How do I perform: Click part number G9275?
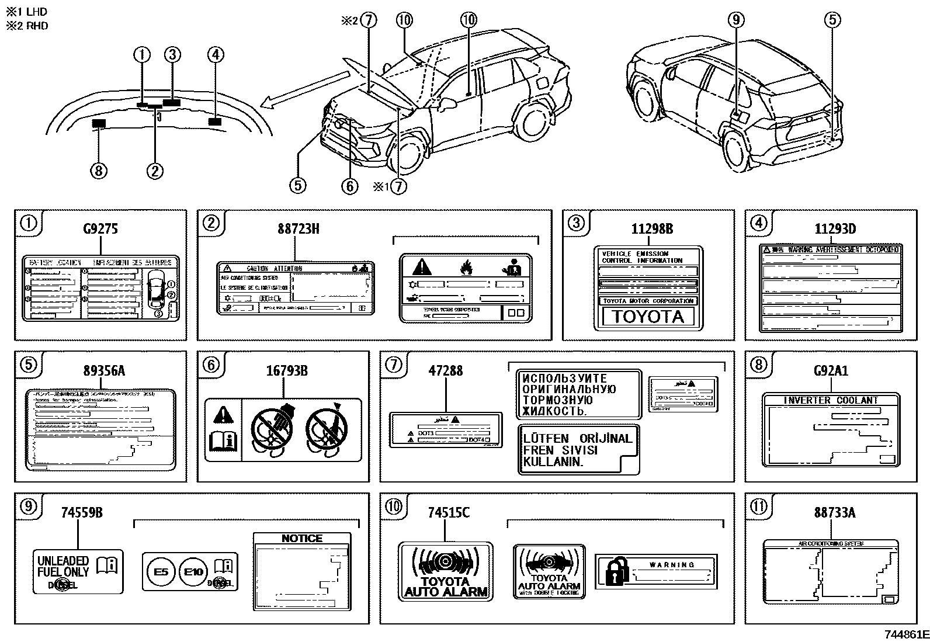pos(100,228)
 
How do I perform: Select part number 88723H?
pos(298,228)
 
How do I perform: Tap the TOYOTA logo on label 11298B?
pos(648,317)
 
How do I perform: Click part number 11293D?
pos(835,228)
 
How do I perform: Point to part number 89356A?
pos(105,370)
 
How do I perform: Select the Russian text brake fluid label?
pos(578,394)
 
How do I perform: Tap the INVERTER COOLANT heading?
pos(831,400)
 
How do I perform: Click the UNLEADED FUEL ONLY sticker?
pos(78,571)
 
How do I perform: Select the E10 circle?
pos(193,572)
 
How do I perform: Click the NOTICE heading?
pos(302,539)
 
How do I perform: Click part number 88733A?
pos(834,512)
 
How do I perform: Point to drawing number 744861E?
pos(905,634)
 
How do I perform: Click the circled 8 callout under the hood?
pos(98,171)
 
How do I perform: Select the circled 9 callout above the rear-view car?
pos(736,20)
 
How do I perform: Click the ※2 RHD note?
pos(27,25)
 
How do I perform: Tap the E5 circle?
pos(161,572)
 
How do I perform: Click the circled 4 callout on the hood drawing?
pos(216,55)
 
